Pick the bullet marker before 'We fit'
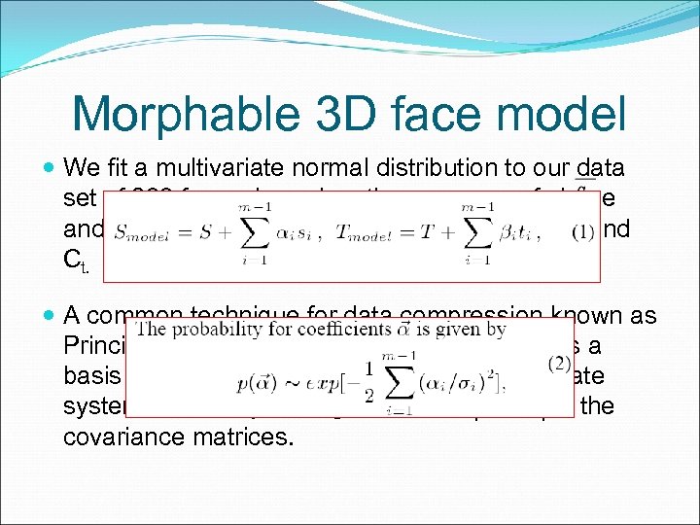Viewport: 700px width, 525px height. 50,166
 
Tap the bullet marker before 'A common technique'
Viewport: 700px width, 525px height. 50,315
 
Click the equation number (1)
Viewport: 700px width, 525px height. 583,233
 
